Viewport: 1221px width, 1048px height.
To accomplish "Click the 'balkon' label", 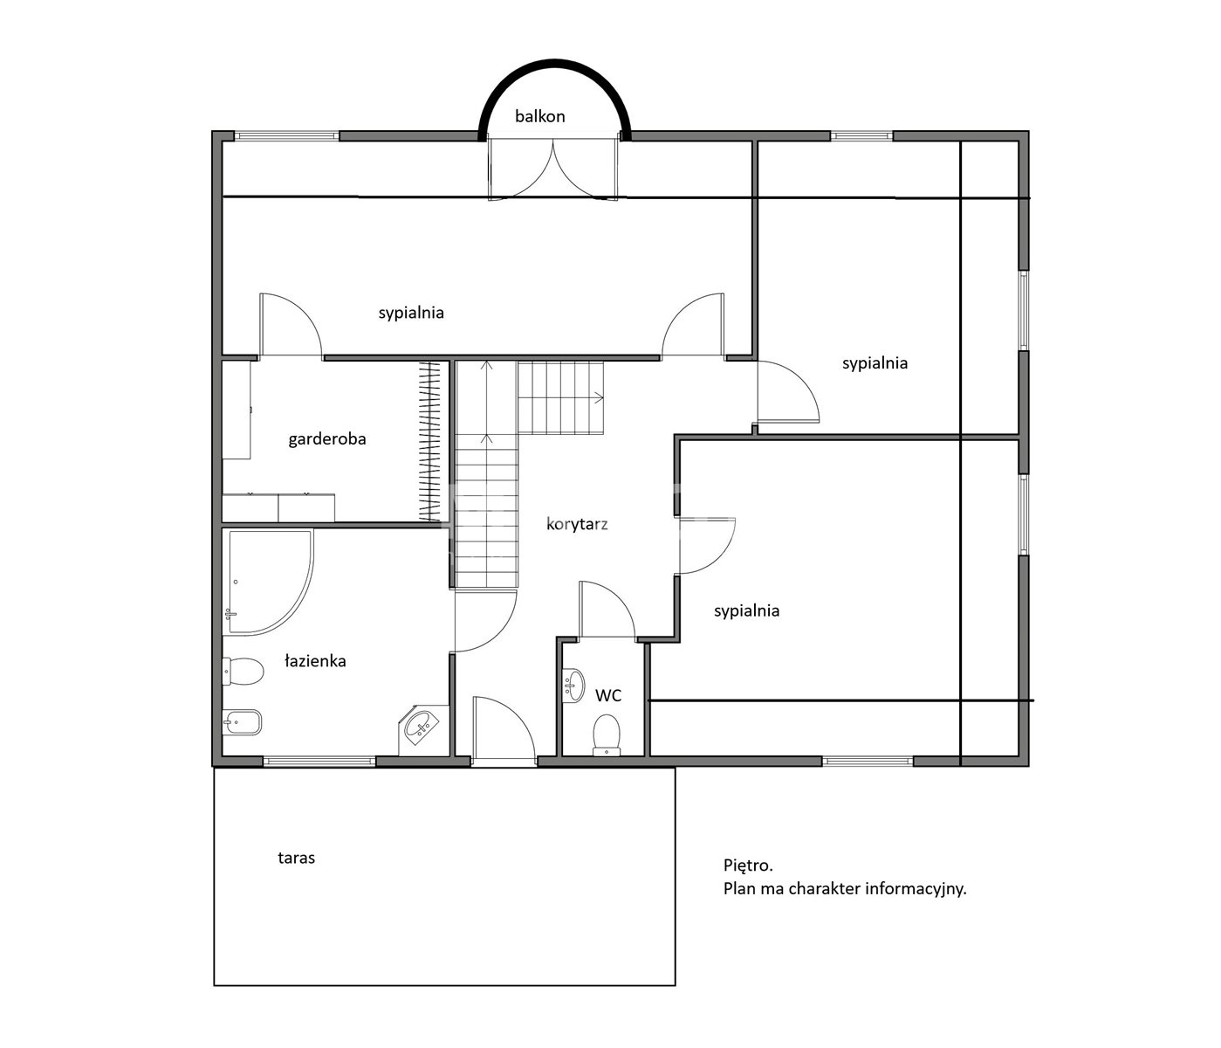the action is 539,116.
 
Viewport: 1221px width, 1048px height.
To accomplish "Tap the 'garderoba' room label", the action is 326,439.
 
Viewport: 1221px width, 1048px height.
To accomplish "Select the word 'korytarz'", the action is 577,524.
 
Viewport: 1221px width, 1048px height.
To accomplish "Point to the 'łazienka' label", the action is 315,660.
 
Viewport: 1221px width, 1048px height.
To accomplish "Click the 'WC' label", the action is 607,696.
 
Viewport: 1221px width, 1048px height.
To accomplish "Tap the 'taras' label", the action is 296,858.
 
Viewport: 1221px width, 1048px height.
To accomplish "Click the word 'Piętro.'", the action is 748,866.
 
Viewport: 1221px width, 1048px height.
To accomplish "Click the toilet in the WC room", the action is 607,734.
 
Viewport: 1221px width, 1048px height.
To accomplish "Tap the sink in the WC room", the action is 573,686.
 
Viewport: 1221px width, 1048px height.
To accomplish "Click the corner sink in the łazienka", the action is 421,727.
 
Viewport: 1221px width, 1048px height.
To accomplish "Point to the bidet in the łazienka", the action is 242,721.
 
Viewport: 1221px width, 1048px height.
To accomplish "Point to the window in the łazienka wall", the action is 319,762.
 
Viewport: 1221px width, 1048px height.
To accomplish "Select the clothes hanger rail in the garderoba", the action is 430,441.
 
